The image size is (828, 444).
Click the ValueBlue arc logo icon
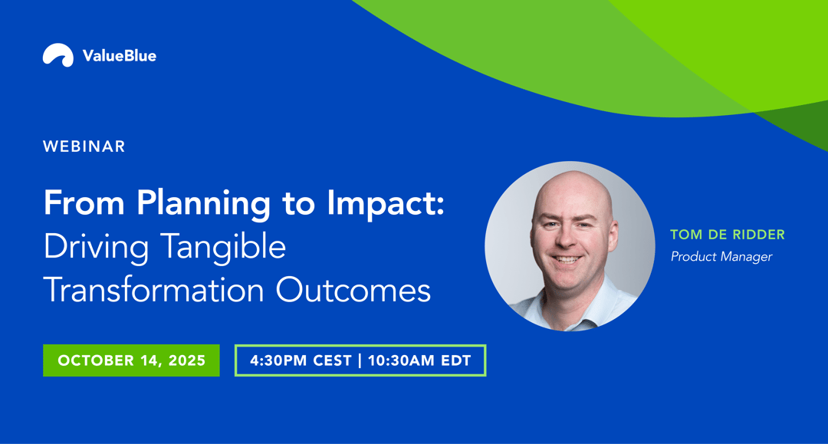coord(58,54)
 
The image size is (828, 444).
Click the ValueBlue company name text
coord(120,56)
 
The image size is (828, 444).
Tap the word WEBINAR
coord(84,146)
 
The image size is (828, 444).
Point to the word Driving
coord(96,248)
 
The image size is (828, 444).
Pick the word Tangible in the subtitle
coord(223,248)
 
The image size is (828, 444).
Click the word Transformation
coord(153,290)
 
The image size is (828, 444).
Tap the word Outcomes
coord(353,291)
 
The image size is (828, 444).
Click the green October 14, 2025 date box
coord(132,360)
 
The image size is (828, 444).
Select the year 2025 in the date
coord(187,360)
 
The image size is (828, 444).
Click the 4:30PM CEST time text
coord(301,360)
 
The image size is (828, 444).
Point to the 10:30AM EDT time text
coord(419,360)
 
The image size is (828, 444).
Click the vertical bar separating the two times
coord(360,360)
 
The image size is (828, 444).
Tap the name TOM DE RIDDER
coord(728,235)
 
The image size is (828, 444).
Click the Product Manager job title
coord(721,257)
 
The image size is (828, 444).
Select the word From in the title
coord(84,202)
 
